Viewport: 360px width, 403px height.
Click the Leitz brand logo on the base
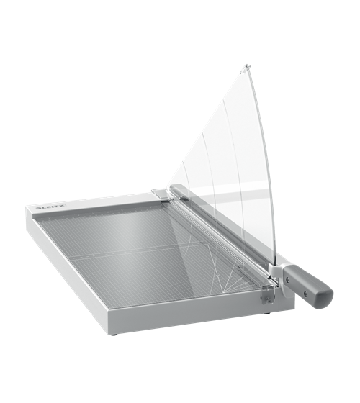(x=51, y=207)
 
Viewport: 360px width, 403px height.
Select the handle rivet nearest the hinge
(x=287, y=278)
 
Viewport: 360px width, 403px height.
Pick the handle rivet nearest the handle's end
(x=305, y=293)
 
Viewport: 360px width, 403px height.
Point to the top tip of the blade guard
(x=246, y=65)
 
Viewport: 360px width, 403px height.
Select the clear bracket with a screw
(x=268, y=297)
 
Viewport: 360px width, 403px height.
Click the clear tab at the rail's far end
(x=160, y=194)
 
